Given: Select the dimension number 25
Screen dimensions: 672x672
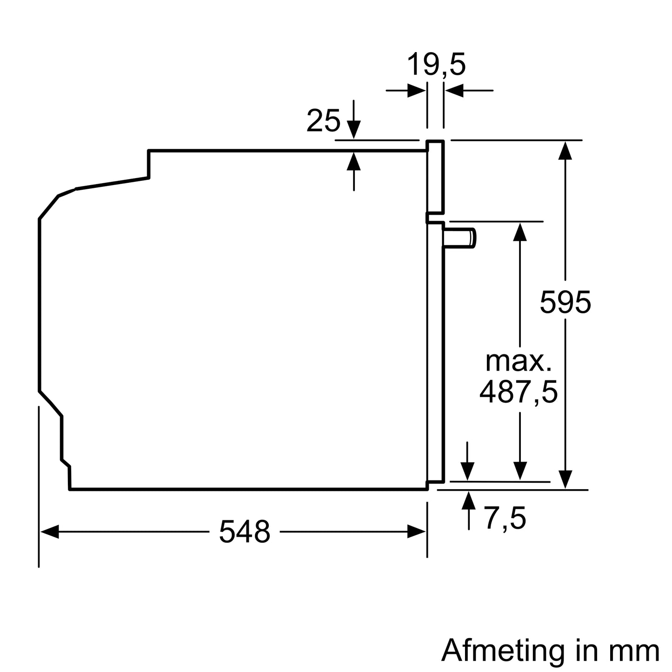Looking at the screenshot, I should (x=323, y=121).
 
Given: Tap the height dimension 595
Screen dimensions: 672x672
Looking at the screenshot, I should (x=565, y=302).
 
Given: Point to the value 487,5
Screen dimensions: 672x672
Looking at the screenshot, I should (x=518, y=392).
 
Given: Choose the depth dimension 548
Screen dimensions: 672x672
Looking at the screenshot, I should (x=244, y=532).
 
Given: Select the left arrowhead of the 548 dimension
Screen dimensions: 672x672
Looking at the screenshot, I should (x=49, y=532).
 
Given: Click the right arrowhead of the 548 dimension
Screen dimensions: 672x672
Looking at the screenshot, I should (x=417, y=532).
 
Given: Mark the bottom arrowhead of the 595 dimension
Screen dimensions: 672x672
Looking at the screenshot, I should (x=565, y=479).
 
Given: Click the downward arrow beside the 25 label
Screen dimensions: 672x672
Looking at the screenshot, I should (x=354, y=128).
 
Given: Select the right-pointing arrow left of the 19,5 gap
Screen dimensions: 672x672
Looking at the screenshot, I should (x=416, y=90).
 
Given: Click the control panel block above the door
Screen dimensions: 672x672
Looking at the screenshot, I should (x=436, y=177).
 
